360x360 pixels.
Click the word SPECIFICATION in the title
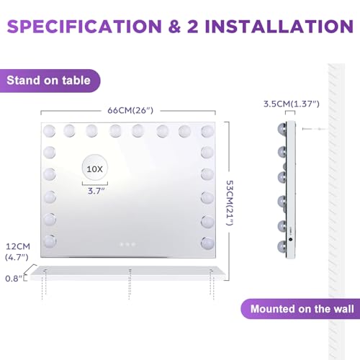click(84, 27)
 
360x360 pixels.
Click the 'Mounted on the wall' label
click(301, 310)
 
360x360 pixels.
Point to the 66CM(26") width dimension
click(130, 110)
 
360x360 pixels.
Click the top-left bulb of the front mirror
click(50, 131)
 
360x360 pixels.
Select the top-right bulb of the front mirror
click(208, 131)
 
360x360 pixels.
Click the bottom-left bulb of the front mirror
click(50, 241)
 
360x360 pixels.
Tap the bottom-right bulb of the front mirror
click(208, 241)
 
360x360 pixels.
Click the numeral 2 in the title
click(188, 27)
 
